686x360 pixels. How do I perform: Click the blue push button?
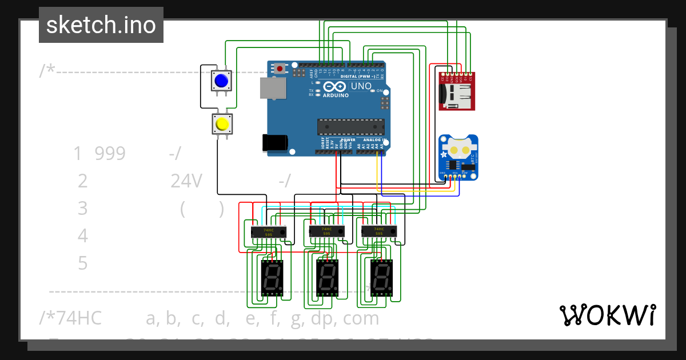click(221, 81)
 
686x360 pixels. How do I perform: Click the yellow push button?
click(222, 124)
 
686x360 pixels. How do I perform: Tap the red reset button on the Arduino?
click(280, 69)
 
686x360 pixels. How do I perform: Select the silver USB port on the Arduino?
click(273, 88)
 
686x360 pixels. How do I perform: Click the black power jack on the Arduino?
click(273, 142)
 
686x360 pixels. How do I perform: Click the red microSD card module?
click(456, 91)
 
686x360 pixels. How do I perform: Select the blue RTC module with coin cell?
click(458, 157)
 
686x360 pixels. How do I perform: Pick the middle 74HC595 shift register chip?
click(326, 231)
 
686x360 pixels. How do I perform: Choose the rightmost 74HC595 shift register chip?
click(379, 231)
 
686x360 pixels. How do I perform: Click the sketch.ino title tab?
click(101, 25)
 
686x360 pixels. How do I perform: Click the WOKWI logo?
click(607, 315)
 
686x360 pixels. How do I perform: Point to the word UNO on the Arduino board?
click(361, 86)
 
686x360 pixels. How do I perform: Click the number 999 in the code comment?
click(110, 153)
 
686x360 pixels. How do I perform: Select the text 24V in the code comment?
click(186, 181)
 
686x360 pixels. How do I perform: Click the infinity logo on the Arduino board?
click(335, 87)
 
